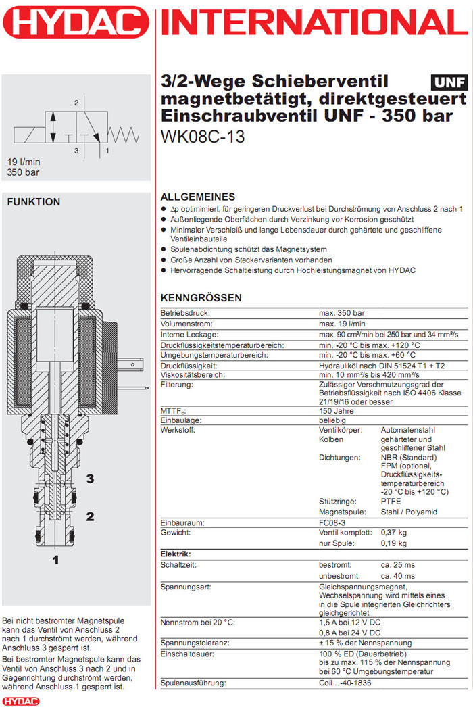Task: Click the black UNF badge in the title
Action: [449, 82]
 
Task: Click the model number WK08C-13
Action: [203, 136]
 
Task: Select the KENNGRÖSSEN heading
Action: [201, 298]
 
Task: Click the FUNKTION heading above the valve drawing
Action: [33, 202]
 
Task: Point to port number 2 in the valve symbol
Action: [77, 103]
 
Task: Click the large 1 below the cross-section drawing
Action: [56, 560]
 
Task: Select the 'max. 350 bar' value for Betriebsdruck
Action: [341, 313]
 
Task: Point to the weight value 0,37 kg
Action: [393, 533]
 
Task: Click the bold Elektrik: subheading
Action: [175, 554]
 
